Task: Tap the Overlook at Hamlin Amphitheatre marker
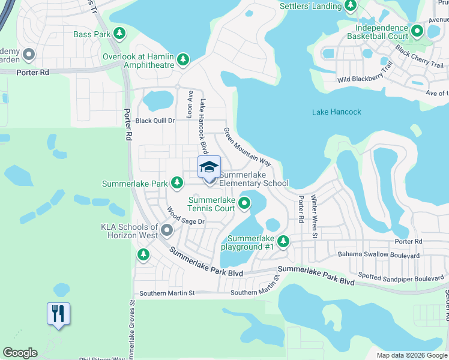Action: (183, 60)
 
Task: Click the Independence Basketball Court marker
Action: (417, 29)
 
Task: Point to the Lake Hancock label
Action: (337, 112)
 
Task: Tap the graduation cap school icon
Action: (209, 167)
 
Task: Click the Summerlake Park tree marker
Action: (176, 182)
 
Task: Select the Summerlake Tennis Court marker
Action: (244, 203)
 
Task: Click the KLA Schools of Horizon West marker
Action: (167, 230)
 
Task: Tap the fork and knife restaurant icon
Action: (58, 314)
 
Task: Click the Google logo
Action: (20, 353)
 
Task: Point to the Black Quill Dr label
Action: (154, 121)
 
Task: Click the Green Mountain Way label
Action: (247, 147)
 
